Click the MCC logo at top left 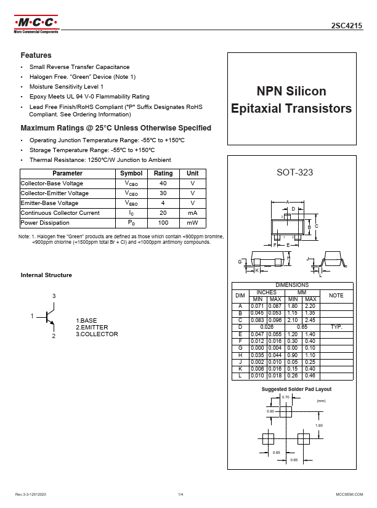pyautogui.click(x=36, y=25)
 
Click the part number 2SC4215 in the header pyautogui.click(x=347, y=26)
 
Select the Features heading pyautogui.click(x=36, y=55)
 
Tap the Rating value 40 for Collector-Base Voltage pyautogui.click(x=163, y=183)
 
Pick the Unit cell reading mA pyautogui.click(x=192, y=213)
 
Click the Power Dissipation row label pyautogui.click(x=45, y=223)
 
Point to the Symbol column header pyautogui.click(x=131, y=174)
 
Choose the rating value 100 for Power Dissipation pyautogui.click(x=163, y=223)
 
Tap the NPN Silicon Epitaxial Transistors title pyautogui.click(x=291, y=100)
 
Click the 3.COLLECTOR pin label pyautogui.click(x=97, y=334)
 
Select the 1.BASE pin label pyautogui.click(x=87, y=321)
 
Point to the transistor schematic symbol pyautogui.click(x=49, y=316)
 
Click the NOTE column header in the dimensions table pyautogui.click(x=336, y=296)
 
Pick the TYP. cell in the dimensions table pyautogui.click(x=336, y=326)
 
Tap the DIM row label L pyautogui.click(x=240, y=376)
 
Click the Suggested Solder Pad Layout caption pyautogui.click(x=296, y=389)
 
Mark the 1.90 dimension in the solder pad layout pyautogui.click(x=318, y=425)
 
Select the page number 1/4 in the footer pyautogui.click(x=180, y=494)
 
